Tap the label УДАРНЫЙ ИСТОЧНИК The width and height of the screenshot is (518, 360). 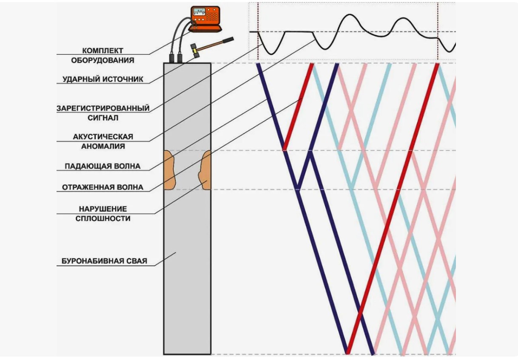click(x=103, y=79)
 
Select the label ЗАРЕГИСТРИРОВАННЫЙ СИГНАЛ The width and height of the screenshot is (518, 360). click(x=103, y=113)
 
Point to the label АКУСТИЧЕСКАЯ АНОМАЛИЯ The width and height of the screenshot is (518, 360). click(x=103, y=141)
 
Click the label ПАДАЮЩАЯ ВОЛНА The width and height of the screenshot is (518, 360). click(x=102, y=166)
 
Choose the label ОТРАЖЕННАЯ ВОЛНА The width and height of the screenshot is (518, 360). click(x=102, y=187)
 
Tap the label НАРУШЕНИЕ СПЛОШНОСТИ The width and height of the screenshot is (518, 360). click(x=103, y=214)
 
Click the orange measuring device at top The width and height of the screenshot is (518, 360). click(x=205, y=20)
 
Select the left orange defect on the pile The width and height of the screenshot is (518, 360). click(x=169, y=170)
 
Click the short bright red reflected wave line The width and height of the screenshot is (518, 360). click(x=298, y=106)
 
